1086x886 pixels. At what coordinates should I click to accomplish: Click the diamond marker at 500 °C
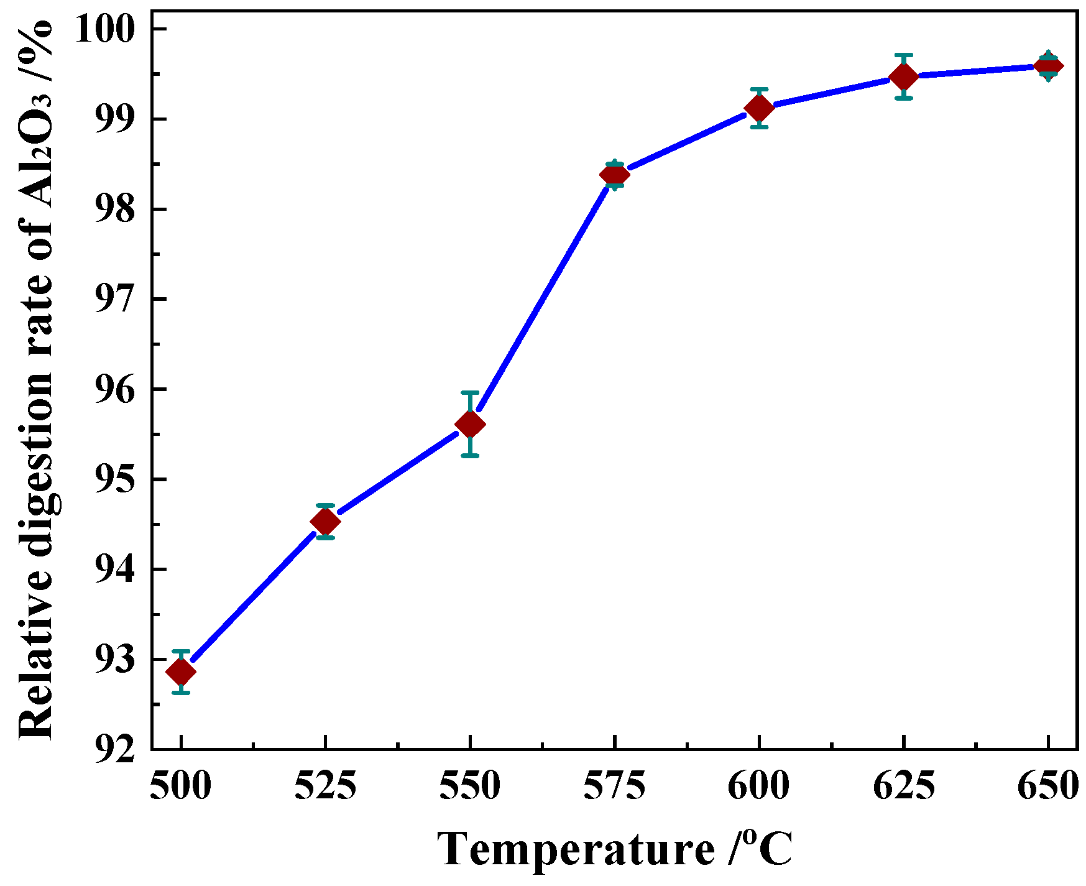(181, 671)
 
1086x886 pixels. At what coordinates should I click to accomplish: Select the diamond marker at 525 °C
(325, 521)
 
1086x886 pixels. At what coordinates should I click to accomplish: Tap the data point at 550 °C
(470, 425)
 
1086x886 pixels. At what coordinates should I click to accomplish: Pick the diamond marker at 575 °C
(614, 175)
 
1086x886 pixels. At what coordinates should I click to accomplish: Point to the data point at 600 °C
(759, 108)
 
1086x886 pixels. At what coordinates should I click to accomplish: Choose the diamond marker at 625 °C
(904, 76)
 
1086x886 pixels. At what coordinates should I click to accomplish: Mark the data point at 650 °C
(1048, 66)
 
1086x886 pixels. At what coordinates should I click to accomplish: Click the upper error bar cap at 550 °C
(470, 392)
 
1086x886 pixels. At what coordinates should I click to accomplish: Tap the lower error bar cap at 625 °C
(904, 98)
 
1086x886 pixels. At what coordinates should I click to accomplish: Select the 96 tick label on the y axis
(114, 390)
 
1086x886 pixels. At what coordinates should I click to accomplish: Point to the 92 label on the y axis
(114, 749)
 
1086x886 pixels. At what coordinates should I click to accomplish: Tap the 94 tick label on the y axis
(114, 570)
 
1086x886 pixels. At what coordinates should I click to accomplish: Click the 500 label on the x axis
(181, 786)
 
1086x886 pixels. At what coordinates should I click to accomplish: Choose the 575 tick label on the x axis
(614, 786)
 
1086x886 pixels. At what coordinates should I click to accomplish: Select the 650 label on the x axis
(1047, 786)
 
